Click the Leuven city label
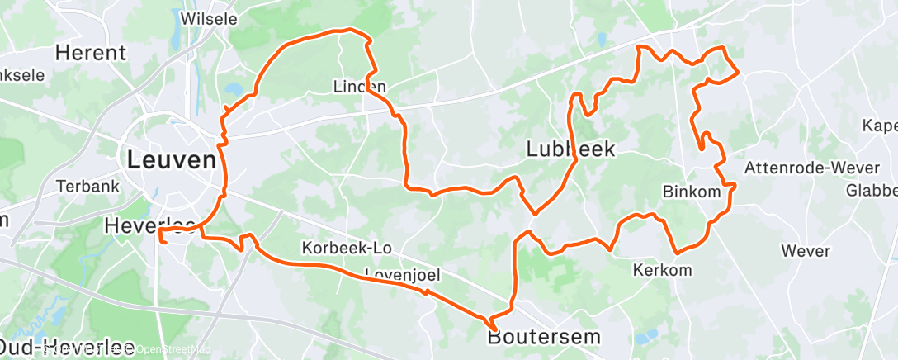(170, 159)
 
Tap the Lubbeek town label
(570, 149)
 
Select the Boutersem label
(544, 337)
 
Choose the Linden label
(359, 86)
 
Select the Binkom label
(691, 192)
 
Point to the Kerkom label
(662, 270)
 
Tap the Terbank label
(88, 187)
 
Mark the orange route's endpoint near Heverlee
(163, 243)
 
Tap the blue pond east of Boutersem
(647, 336)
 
